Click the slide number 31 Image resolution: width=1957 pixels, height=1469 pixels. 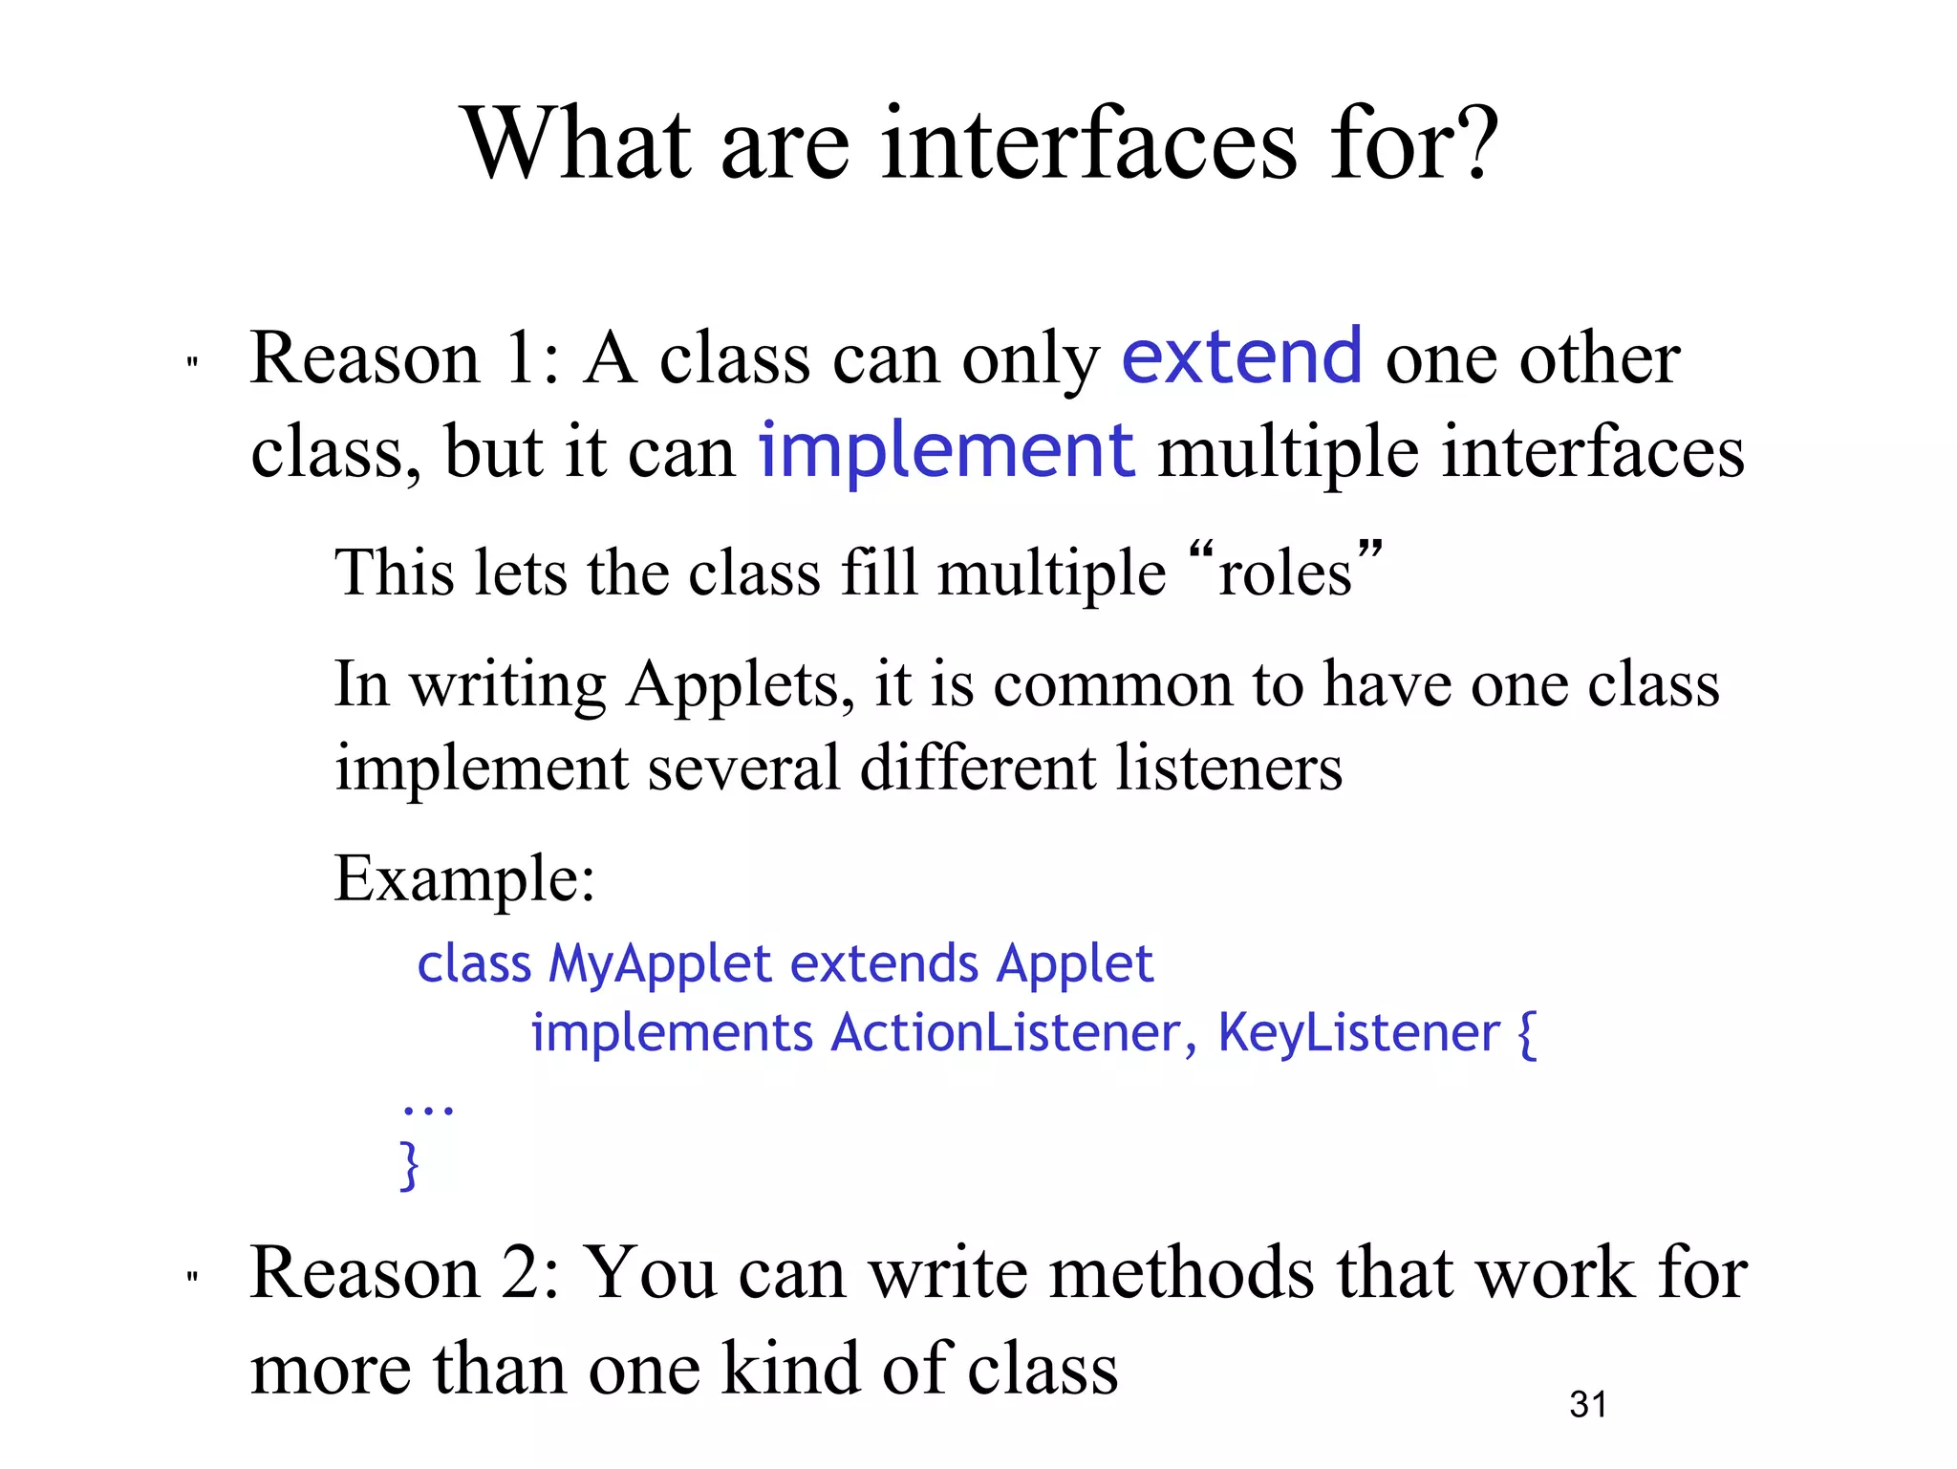point(1588,1404)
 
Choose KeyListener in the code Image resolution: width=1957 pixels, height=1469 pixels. point(1358,1033)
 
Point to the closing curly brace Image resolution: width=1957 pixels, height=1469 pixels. point(409,1164)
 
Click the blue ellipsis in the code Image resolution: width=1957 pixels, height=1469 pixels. point(427,1109)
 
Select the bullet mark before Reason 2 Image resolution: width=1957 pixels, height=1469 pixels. point(192,1277)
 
